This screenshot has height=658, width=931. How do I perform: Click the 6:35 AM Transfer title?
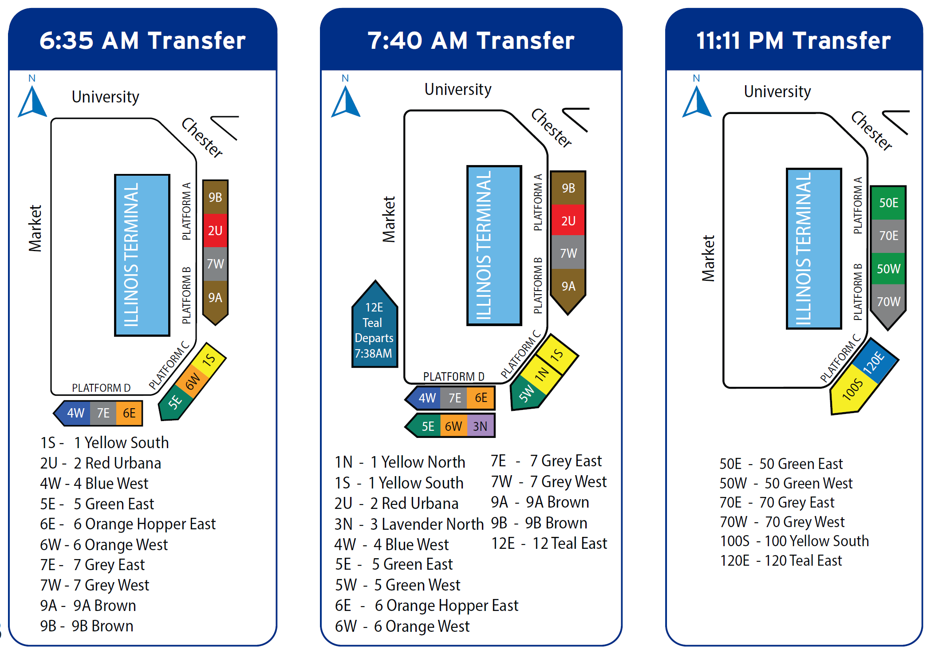click(x=142, y=40)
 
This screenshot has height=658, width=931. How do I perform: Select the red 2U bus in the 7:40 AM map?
click(x=568, y=221)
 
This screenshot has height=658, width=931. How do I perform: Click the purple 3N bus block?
click(x=480, y=426)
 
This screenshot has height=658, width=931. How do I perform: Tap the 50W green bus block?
click(x=888, y=268)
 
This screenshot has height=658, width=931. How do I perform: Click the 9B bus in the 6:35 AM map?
click(x=215, y=197)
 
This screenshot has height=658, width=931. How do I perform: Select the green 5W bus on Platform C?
click(x=527, y=393)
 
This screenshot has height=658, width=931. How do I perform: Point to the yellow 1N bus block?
click(x=542, y=374)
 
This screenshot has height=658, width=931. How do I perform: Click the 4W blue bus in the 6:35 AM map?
click(x=75, y=413)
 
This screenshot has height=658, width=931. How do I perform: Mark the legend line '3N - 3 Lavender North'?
click(x=409, y=524)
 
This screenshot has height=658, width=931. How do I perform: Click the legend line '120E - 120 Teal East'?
click(x=781, y=560)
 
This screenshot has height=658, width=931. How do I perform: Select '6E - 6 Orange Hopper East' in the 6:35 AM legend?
click(x=128, y=524)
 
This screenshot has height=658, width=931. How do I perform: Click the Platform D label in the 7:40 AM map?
click(x=454, y=377)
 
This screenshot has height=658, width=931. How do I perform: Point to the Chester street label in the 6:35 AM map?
click(x=202, y=138)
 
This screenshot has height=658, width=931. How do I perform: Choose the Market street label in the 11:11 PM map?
click(x=708, y=258)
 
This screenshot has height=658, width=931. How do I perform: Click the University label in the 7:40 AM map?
click(x=458, y=89)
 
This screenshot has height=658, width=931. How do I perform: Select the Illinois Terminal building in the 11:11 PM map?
click(x=813, y=248)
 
